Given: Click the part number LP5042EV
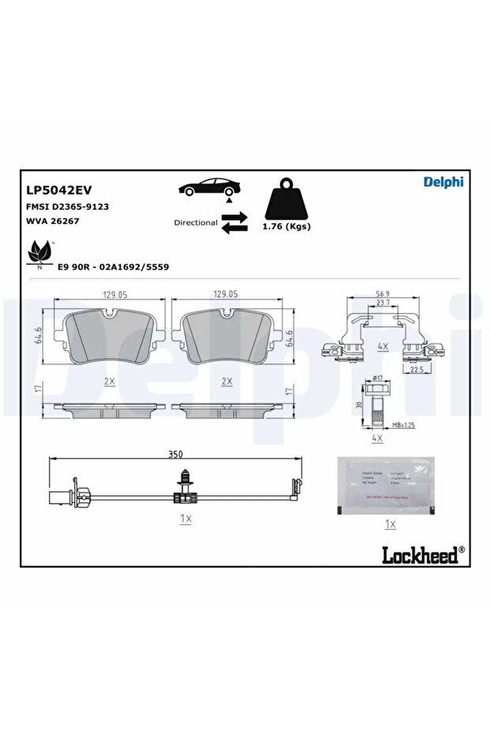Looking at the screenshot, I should [x=60, y=190].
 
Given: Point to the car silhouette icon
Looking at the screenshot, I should [x=209, y=188].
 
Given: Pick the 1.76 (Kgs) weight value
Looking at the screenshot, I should [x=286, y=226].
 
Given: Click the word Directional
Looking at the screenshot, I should [x=196, y=222].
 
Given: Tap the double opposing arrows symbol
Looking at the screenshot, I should [x=234, y=222].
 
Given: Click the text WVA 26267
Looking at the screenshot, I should [x=52, y=221].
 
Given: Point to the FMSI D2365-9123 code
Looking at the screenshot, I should [x=67, y=206].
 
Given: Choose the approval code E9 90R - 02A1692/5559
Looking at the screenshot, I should [x=113, y=267].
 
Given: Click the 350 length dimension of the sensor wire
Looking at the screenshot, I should [x=175, y=454].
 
